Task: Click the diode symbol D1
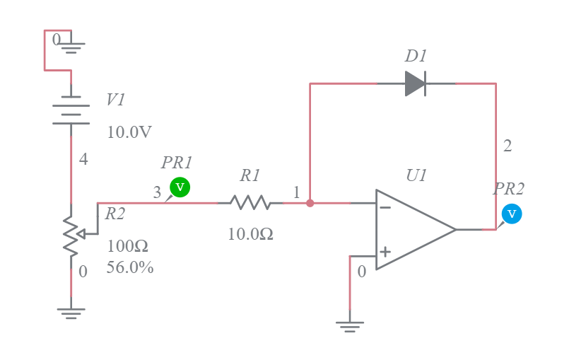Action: click(x=415, y=83)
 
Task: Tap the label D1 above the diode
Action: click(x=416, y=56)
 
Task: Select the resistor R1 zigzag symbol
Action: click(x=250, y=203)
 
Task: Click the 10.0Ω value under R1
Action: click(x=250, y=233)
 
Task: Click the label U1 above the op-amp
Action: click(x=416, y=175)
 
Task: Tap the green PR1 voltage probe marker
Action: click(x=180, y=187)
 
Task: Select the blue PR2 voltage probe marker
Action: click(x=512, y=214)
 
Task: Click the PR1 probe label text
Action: click(x=177, y=163)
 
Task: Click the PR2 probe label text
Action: click(x=509, y=189)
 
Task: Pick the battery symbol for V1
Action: click(x=71, y=110)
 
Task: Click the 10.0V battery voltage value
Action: click(x=129, y=132)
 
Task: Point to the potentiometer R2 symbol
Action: click(x=71, y=233)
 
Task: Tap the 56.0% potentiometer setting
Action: click(x=130, y=268)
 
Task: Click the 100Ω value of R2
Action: click(x=127, y=247)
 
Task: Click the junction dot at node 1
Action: click(x=310, y=203)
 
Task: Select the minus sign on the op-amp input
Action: click(x=385, y=208)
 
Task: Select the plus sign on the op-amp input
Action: click(x=385, y=251)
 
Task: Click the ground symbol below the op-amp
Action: click(x=349, y=326)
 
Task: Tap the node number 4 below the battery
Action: click(x=83, y=160)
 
